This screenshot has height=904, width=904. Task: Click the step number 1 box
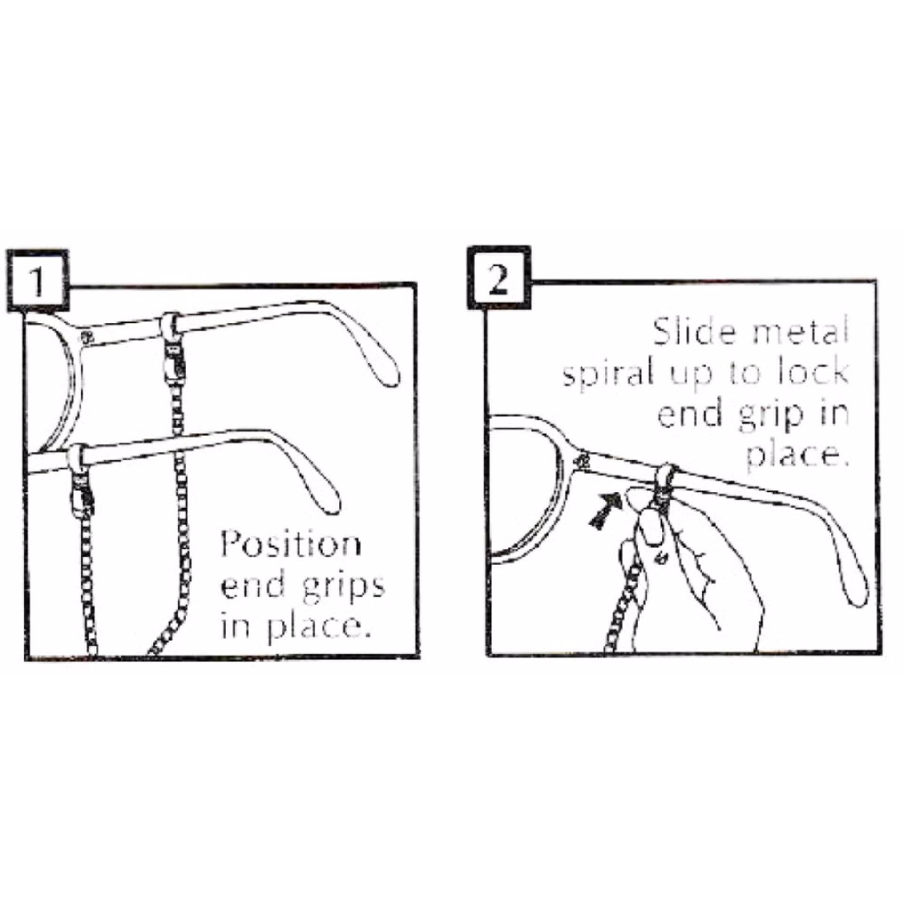point(38,281)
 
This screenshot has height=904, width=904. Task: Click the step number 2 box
point(499,278)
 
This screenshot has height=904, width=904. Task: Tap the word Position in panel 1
point(291,545)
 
